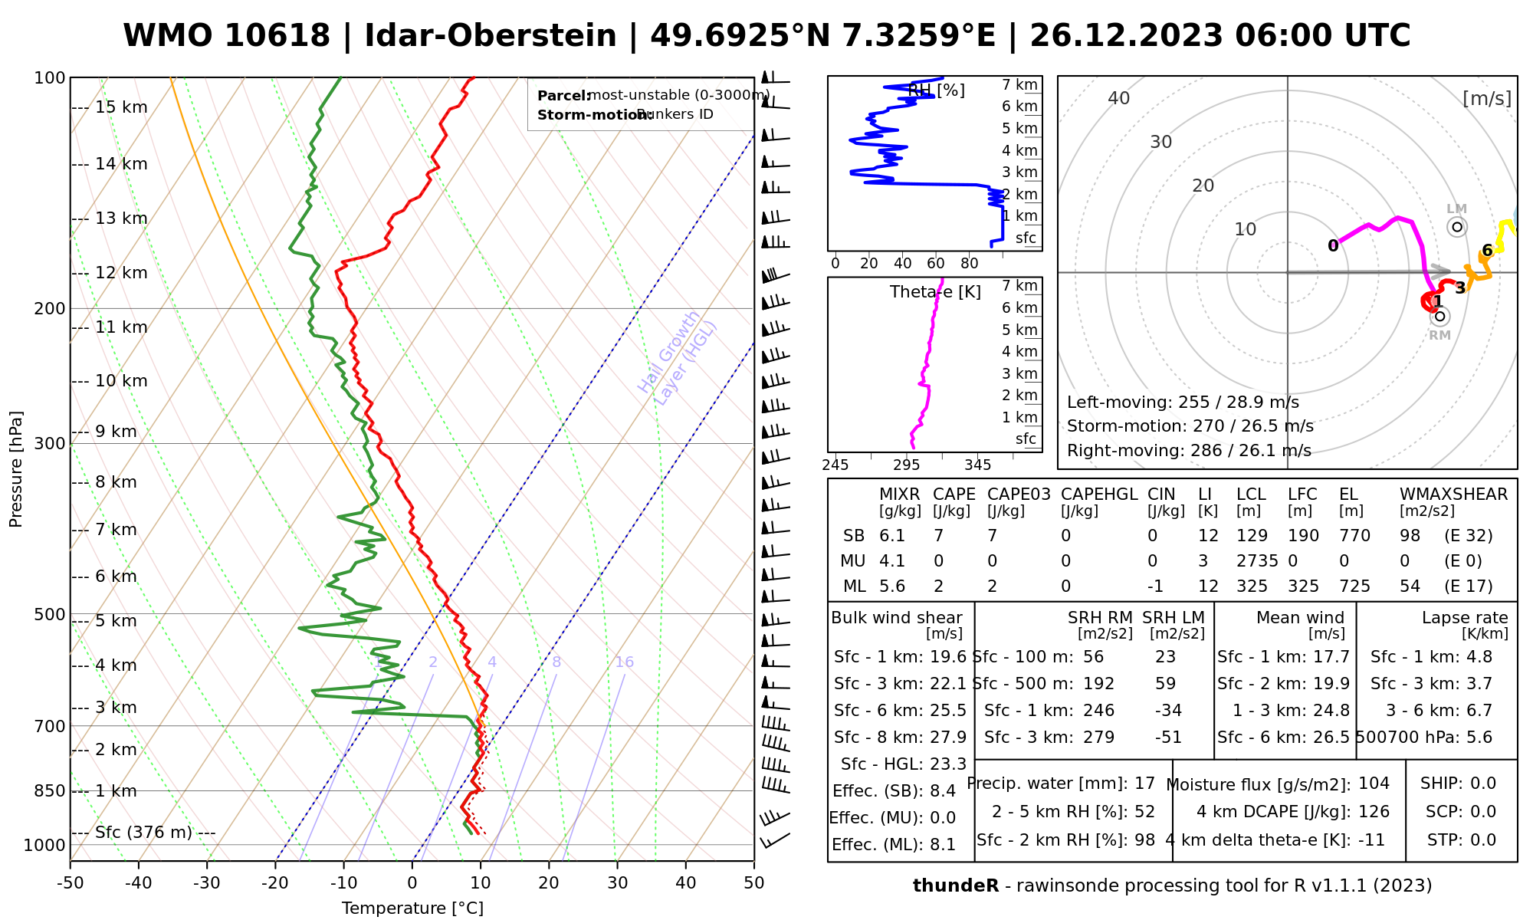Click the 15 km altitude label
(x=121, y=107)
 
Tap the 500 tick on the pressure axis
(x=49, y=615)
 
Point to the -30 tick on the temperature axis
(x=206, y=883)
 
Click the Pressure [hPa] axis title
(x=16, y=469)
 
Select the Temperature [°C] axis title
(x=412, y=909)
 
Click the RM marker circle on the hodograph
(x=1439, y=316)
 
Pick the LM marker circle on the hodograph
(x=1456, y=227)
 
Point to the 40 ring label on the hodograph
(x=1119, y=98)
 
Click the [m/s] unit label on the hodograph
(x=1486, y=98)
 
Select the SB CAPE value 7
(x=938, y=536)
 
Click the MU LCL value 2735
(x=1257, y=561)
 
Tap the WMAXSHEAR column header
(x=1453, y=495)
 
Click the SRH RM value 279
(x=1098, y=738)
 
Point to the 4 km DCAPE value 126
(x=1374, y=812)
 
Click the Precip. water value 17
(x=1144, y=784)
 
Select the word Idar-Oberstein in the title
(x=491, y=36)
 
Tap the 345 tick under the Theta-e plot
(x=977, y=465)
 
